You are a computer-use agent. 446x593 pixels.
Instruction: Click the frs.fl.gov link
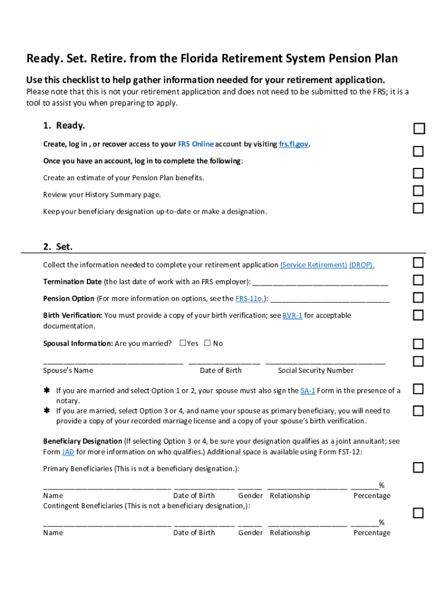(294, 144)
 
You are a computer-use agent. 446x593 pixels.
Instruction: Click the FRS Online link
(195, 144)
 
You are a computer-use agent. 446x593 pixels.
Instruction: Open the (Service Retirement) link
(313, 265)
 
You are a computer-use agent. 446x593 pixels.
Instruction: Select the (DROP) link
(361, 265)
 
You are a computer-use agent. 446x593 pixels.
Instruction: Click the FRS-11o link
(250, 299)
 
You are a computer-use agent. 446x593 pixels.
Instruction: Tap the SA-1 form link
(308, 391)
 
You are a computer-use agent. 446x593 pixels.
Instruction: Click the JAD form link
(68, 452)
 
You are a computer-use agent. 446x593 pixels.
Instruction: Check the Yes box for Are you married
(182, 343)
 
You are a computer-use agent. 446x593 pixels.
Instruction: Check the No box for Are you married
(207, 343)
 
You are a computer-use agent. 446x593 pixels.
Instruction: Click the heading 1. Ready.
(64, 126)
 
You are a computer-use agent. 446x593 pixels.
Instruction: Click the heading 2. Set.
(58, 247)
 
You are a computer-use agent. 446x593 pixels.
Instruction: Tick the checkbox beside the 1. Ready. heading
(419, 129)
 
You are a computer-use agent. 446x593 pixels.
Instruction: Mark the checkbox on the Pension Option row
(418, 298)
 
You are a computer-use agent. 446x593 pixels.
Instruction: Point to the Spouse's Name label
(68, 371)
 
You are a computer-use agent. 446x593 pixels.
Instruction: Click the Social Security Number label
(316, 371)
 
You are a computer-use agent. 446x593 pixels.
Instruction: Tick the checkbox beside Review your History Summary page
(418, 191)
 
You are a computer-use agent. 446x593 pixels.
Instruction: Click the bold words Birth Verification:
(72, 316)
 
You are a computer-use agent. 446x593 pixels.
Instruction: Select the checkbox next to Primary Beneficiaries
(418, 467)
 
